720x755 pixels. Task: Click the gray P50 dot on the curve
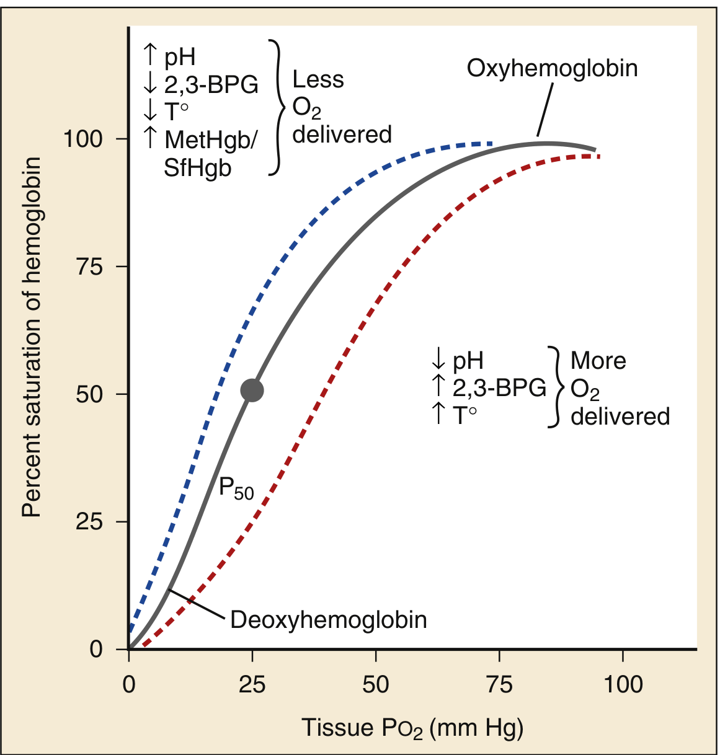click(252, 391)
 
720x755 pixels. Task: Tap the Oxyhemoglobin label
click(552, 68)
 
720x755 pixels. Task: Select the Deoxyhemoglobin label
click(329, 620)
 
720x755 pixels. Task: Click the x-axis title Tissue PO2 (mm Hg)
click(412, 728)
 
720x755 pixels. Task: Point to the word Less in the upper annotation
click(318, 80)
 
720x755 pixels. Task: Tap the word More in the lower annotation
click(598, 361)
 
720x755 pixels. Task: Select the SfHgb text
click(197, 168)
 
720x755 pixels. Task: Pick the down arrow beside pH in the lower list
click(438, 359)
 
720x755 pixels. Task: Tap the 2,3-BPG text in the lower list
click(499, 387)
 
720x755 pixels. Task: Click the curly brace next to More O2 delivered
click(555, 387)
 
